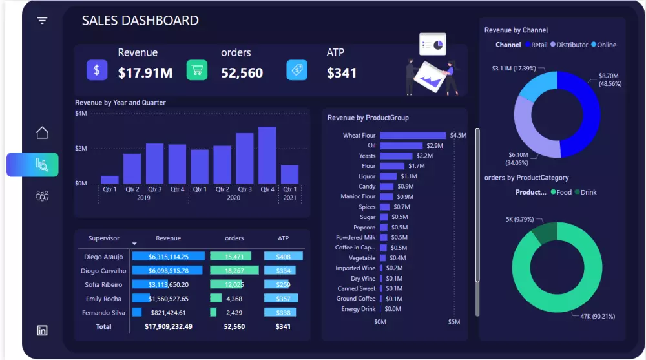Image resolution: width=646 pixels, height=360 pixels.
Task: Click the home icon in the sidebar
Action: (x=42, y=132)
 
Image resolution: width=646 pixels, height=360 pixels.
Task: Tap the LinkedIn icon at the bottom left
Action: (x=42, y=330)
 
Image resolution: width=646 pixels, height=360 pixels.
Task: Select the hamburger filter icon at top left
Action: (x=42, y=21)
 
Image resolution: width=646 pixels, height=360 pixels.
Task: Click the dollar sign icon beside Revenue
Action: (x=97, y=70)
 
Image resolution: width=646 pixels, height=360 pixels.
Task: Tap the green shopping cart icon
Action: (x=197, y=70)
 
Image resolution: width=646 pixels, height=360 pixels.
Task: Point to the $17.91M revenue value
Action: (x=145, y=73)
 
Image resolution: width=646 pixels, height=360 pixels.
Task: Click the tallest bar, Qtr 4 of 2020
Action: (x=267, y=155)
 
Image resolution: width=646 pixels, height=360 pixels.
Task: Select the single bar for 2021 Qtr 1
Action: (x=289, y=175)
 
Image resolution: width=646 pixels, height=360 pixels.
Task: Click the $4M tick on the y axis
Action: (x=81, y=114)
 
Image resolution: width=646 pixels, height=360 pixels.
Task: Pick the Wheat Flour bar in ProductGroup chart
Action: (x=413, y=136)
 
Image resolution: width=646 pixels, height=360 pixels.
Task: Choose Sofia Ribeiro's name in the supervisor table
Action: (x=103, y=284)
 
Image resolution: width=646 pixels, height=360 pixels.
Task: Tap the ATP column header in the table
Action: (x=283, y=238)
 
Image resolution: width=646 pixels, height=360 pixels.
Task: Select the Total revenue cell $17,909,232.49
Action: (x=168, y=327)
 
